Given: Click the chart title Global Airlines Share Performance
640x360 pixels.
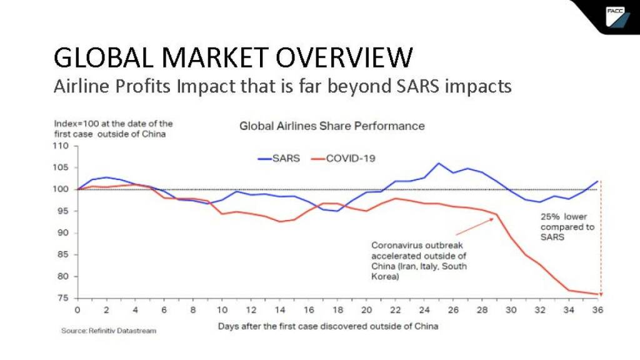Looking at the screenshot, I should [332, 126].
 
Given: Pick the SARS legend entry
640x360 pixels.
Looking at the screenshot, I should [279, 158].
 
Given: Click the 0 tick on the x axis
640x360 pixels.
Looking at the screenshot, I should [77, 310].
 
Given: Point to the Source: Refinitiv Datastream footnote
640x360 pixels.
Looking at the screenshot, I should [108, 330].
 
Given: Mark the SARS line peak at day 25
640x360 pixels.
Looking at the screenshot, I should [438, 163].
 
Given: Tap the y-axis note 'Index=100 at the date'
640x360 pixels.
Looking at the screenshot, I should [112, 128].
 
